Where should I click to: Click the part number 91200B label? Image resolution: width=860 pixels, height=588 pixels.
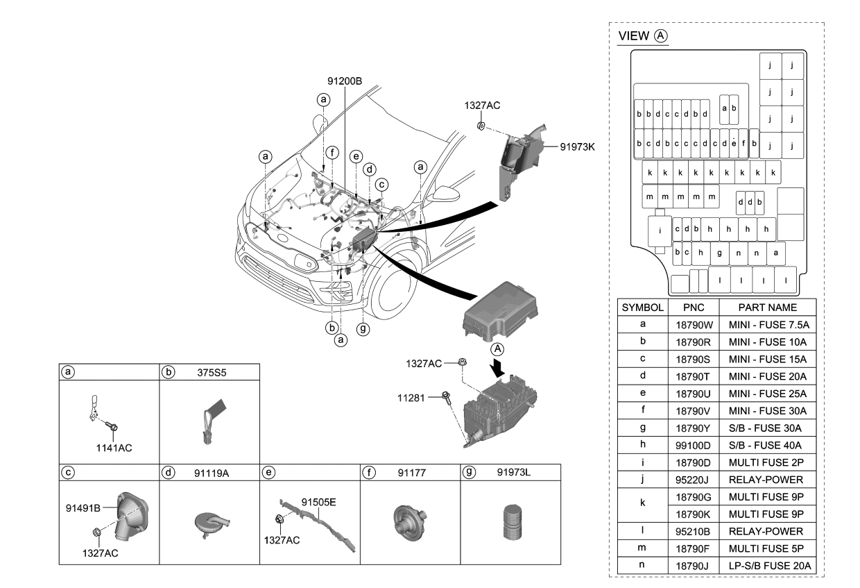click(x=345, y=81)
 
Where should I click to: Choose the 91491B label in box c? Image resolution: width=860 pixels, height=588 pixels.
click(x=83, y=507)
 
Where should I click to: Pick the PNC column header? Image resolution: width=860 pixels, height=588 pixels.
click(x=693, y=307)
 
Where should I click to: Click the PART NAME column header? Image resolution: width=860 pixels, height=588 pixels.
click(x=767, y=307)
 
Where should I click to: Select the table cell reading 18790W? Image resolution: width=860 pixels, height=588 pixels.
click(x=693, y=324)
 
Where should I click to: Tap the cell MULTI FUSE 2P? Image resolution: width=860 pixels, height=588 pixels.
click(x=767, y=462)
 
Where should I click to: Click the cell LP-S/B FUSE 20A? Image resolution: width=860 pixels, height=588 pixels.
click(x=767, y=566)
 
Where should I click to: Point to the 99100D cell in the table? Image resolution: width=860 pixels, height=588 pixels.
click(x=693, y=445)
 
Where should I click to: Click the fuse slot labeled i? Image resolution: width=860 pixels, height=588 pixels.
click(x=660, y=230)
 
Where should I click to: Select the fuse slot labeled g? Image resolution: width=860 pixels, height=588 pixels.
click(x=720, y=253)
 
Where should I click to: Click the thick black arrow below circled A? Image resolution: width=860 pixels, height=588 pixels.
click(x=498, y=365)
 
